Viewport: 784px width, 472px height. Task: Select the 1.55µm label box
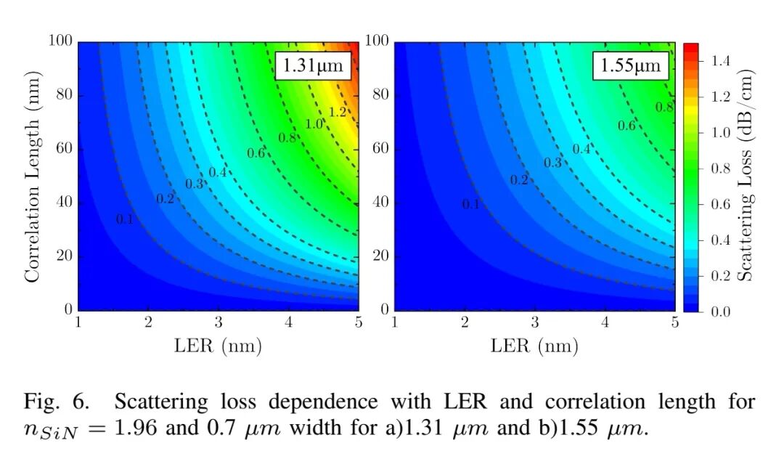[630, 66]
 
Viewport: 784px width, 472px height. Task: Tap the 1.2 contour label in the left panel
[338, 112]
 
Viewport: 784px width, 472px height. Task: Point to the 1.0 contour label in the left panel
[314, 124]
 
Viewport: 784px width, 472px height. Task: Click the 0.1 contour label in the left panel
[125, 219]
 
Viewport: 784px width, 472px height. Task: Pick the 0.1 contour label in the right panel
[471, 204]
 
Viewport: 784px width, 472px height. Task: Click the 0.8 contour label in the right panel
[663, 107]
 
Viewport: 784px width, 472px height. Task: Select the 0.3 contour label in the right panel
[553, 163]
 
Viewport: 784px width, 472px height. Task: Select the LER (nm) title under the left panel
[218, 346]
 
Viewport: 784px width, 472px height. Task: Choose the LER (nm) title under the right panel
[534, 346]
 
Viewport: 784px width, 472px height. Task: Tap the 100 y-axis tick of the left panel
[61, 41]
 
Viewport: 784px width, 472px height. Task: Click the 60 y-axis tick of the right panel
[380, 149]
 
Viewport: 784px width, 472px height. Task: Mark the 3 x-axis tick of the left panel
[219, 322]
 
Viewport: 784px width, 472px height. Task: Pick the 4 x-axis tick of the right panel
[605, 322]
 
